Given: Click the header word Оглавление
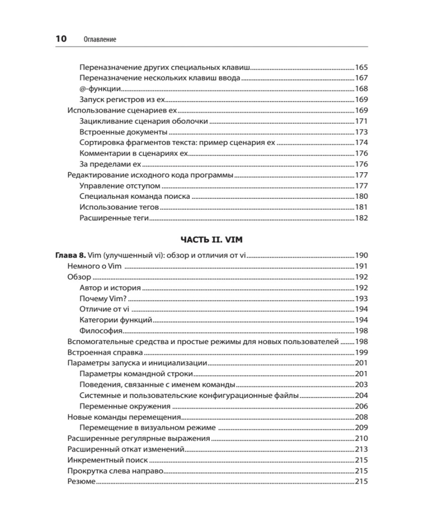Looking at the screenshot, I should tap(100, 39).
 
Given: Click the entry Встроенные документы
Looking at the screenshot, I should tap(124, 132).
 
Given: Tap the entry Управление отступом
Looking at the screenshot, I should tap(120, 186).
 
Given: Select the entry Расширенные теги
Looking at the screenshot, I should tap(114, 218).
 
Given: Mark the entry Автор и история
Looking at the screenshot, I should tap(110, 288).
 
